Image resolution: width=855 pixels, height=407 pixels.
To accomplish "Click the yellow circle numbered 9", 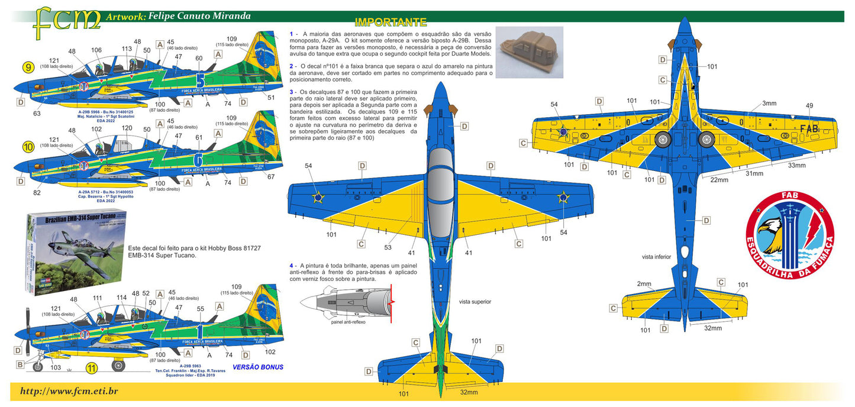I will click(x=27, y=68).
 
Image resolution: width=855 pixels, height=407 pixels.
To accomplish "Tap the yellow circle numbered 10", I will click(x=27, y=146).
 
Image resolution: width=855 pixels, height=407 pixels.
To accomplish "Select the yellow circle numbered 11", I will click(x=91, y=368).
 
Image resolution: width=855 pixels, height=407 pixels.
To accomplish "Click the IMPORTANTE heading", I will click(x=390, y=22).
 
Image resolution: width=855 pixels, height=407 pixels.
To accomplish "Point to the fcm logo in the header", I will click(x=66, y=19).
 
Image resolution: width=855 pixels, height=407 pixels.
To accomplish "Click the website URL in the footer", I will click(x=69, y=391).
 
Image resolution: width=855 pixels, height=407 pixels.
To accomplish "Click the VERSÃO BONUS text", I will click(x=258, y=367).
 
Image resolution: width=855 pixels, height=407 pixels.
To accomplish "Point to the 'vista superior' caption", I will click(x=475, y=302).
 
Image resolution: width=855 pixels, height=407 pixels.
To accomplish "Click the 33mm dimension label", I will click(x=796, y=166).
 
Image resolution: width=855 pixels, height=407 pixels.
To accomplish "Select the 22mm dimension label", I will click(x=719, y=180).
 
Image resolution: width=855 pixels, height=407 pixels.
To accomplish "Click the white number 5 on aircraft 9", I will click(x=199, y=80).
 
